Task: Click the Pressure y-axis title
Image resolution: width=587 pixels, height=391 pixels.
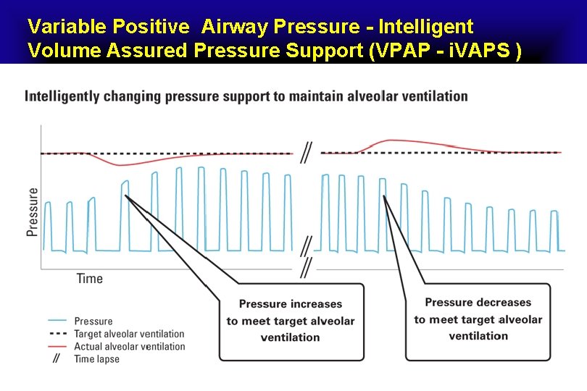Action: tap(32, 211)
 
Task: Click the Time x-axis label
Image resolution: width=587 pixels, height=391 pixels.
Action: tap(90, 279)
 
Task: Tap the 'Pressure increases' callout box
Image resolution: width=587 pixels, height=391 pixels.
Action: tap(291, 321)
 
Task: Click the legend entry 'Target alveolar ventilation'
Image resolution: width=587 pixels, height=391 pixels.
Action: tap(129, 334)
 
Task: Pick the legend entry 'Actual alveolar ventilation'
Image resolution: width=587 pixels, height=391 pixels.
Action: tap(129, 347)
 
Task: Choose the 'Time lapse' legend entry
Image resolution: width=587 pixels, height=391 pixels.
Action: tap(97, 359)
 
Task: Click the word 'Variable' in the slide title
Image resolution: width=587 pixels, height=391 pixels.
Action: tap(67, 27)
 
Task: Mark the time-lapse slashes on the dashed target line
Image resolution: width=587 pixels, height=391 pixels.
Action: tap(307, 153)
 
